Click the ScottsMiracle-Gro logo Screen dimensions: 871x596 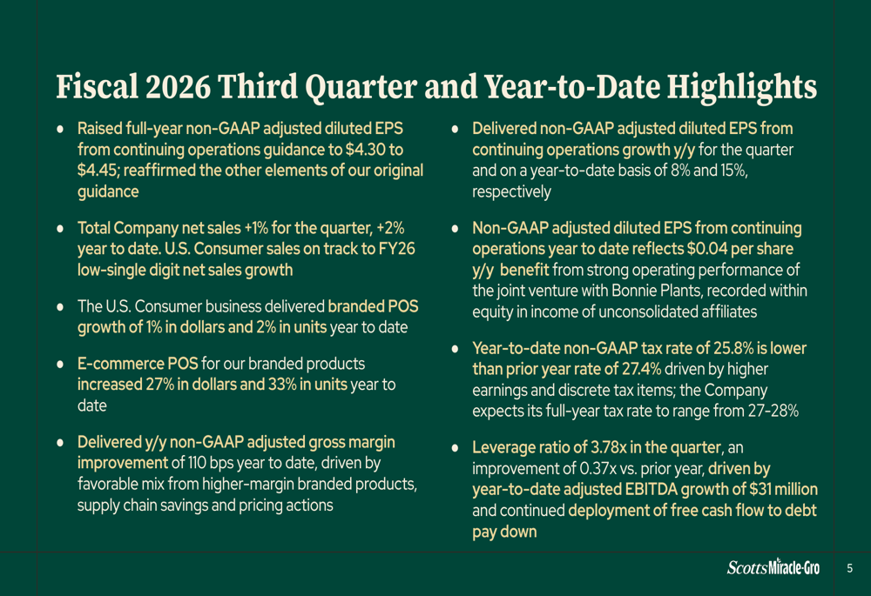[773, 567]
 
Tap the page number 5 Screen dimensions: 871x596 [849, 568]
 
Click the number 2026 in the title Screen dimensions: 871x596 [178, 87]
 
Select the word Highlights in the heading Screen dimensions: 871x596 [741, 88]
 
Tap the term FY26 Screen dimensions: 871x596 [396, 249]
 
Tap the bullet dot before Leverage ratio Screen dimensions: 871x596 [456, 448]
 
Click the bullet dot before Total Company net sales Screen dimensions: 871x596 [60, 229]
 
